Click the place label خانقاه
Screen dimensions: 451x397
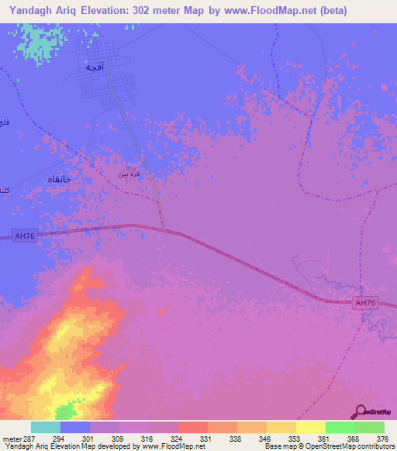(56, 179)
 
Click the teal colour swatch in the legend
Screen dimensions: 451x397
(46, 427)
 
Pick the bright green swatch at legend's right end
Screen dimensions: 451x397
(370, 427)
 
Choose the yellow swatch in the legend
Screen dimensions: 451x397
(310, 427)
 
